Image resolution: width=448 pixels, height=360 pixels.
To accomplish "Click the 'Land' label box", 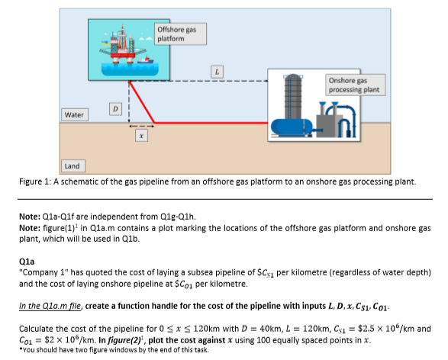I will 72,165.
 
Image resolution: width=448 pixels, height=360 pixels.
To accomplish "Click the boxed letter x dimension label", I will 140,138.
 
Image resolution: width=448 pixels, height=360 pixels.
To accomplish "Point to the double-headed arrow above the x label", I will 140,127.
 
